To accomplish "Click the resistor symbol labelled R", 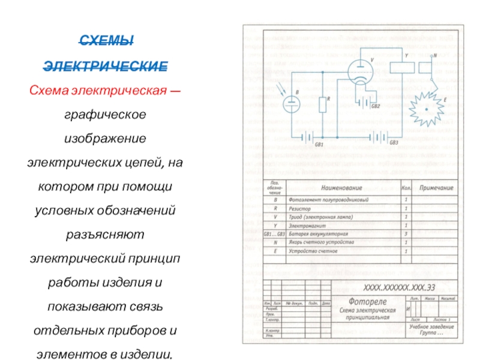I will point(322,104).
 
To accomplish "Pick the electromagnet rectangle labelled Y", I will point(399,62).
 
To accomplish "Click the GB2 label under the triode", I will point(375,106).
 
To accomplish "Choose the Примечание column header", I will point(436,188).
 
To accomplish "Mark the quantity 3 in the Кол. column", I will point(406,233).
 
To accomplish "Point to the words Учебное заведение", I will point(431,327).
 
